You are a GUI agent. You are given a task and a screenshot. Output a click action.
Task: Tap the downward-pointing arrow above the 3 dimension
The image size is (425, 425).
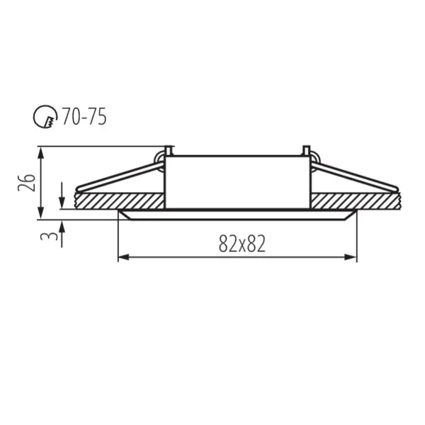pos(62,203)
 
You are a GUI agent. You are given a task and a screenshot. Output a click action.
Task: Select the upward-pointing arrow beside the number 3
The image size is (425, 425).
pos(62,226)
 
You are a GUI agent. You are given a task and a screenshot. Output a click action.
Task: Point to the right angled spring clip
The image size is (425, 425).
pos(354,177)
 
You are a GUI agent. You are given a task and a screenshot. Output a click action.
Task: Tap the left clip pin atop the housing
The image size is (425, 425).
pos(168,151)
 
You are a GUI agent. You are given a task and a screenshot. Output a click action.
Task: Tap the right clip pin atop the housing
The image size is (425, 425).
pos(306,151)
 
